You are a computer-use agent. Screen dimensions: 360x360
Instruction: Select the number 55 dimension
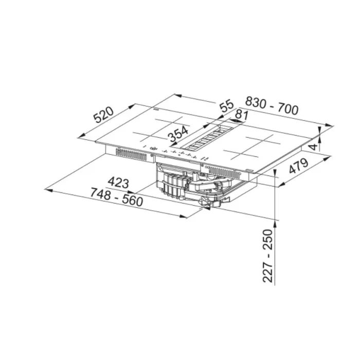pyautogui.click(x=226, y=107)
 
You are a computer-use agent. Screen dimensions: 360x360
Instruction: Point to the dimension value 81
pyautogui.click(x=241, y=116)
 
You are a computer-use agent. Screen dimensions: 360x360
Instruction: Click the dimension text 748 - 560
pyautogui.click(x=116, y=197)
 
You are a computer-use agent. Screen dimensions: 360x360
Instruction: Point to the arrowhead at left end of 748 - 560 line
pyautogui.click(x=48, y=190)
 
